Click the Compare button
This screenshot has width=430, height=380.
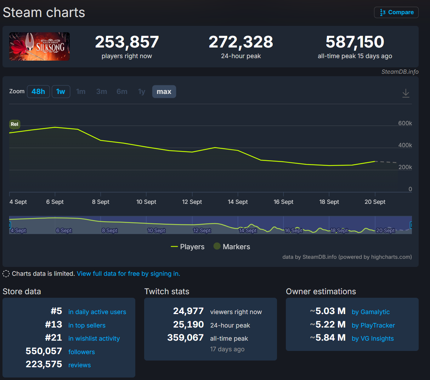[396, 12]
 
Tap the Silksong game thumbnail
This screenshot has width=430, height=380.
[39, 46]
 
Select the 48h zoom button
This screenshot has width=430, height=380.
[38, 91]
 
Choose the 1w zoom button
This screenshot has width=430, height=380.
[61, 91]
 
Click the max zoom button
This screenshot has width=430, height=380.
[164, 91]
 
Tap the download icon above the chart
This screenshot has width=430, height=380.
[406, 93]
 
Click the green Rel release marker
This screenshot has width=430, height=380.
[15, 124]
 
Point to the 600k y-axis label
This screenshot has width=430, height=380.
[405, 123]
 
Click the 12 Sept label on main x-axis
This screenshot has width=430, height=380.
[192, 202]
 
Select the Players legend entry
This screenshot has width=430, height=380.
[188, 247]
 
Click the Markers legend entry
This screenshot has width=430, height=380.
[232, 247]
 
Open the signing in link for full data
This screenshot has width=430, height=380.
[128, 274]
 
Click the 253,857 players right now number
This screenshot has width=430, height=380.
[127, 42]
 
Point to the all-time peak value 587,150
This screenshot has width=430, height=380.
[355, 42]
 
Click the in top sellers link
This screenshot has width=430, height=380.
[87, 325]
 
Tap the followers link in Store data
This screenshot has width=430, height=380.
[81, 352]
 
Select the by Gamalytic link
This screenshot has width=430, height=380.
[370, 312]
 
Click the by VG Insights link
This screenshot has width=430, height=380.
[373, 339]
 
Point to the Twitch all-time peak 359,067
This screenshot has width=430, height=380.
[186, 338]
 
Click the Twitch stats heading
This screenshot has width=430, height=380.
[167, 291]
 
